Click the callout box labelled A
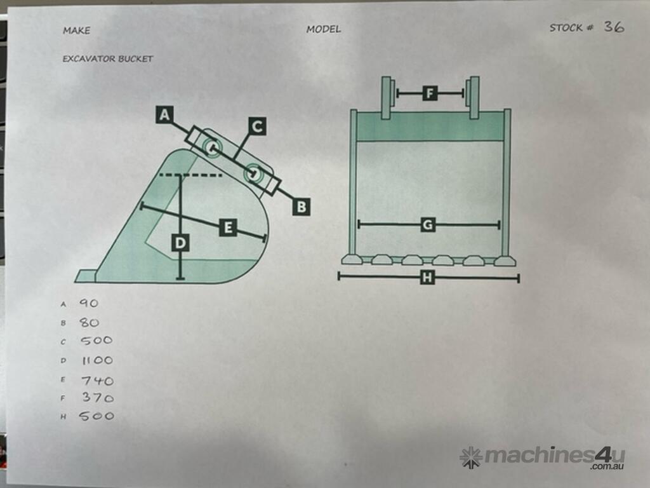[x=164, y=114]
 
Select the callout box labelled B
[x=302, y=207]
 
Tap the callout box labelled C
[x=257, y=126]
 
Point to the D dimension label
[x=180, y=243]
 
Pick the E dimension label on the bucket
[x=228, y=227]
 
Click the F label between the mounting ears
[x=430, y=93]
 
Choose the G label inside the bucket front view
[x=428, y=225]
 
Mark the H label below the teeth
[x=427, y=277]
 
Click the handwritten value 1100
[x=97, y=360]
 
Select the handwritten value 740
[x=97, y=380]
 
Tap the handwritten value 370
[x=98, y=398]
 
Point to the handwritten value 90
[x=89, y=303]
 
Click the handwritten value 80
[x=89, y=322]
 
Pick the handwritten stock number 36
[x=614, y=27]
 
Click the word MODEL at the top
[x=324, y=29]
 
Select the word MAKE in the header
[x=76, y=30]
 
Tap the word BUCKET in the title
[x=136, y=59]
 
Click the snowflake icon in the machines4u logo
[x=471, y=457]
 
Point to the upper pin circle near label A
[x=212, y=147]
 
